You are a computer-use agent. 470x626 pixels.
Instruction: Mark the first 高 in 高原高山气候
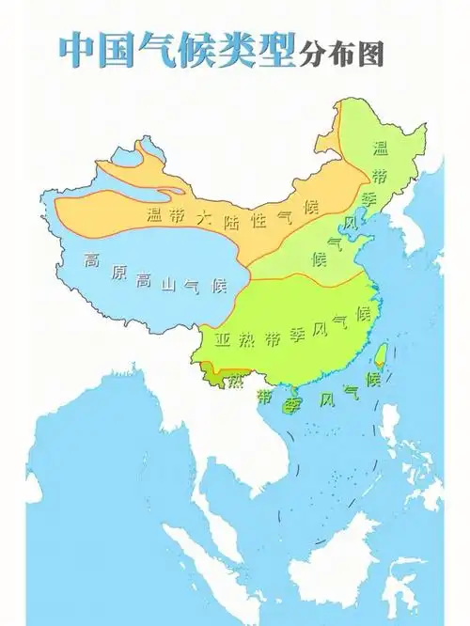click(x=91, y=260)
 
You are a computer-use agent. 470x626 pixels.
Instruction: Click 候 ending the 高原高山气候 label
click(x=219, y=285)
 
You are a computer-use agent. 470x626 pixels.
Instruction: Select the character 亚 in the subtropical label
click(x=224, y=338)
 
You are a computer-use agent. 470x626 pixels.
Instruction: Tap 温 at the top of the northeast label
click(x=381, y=148)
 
